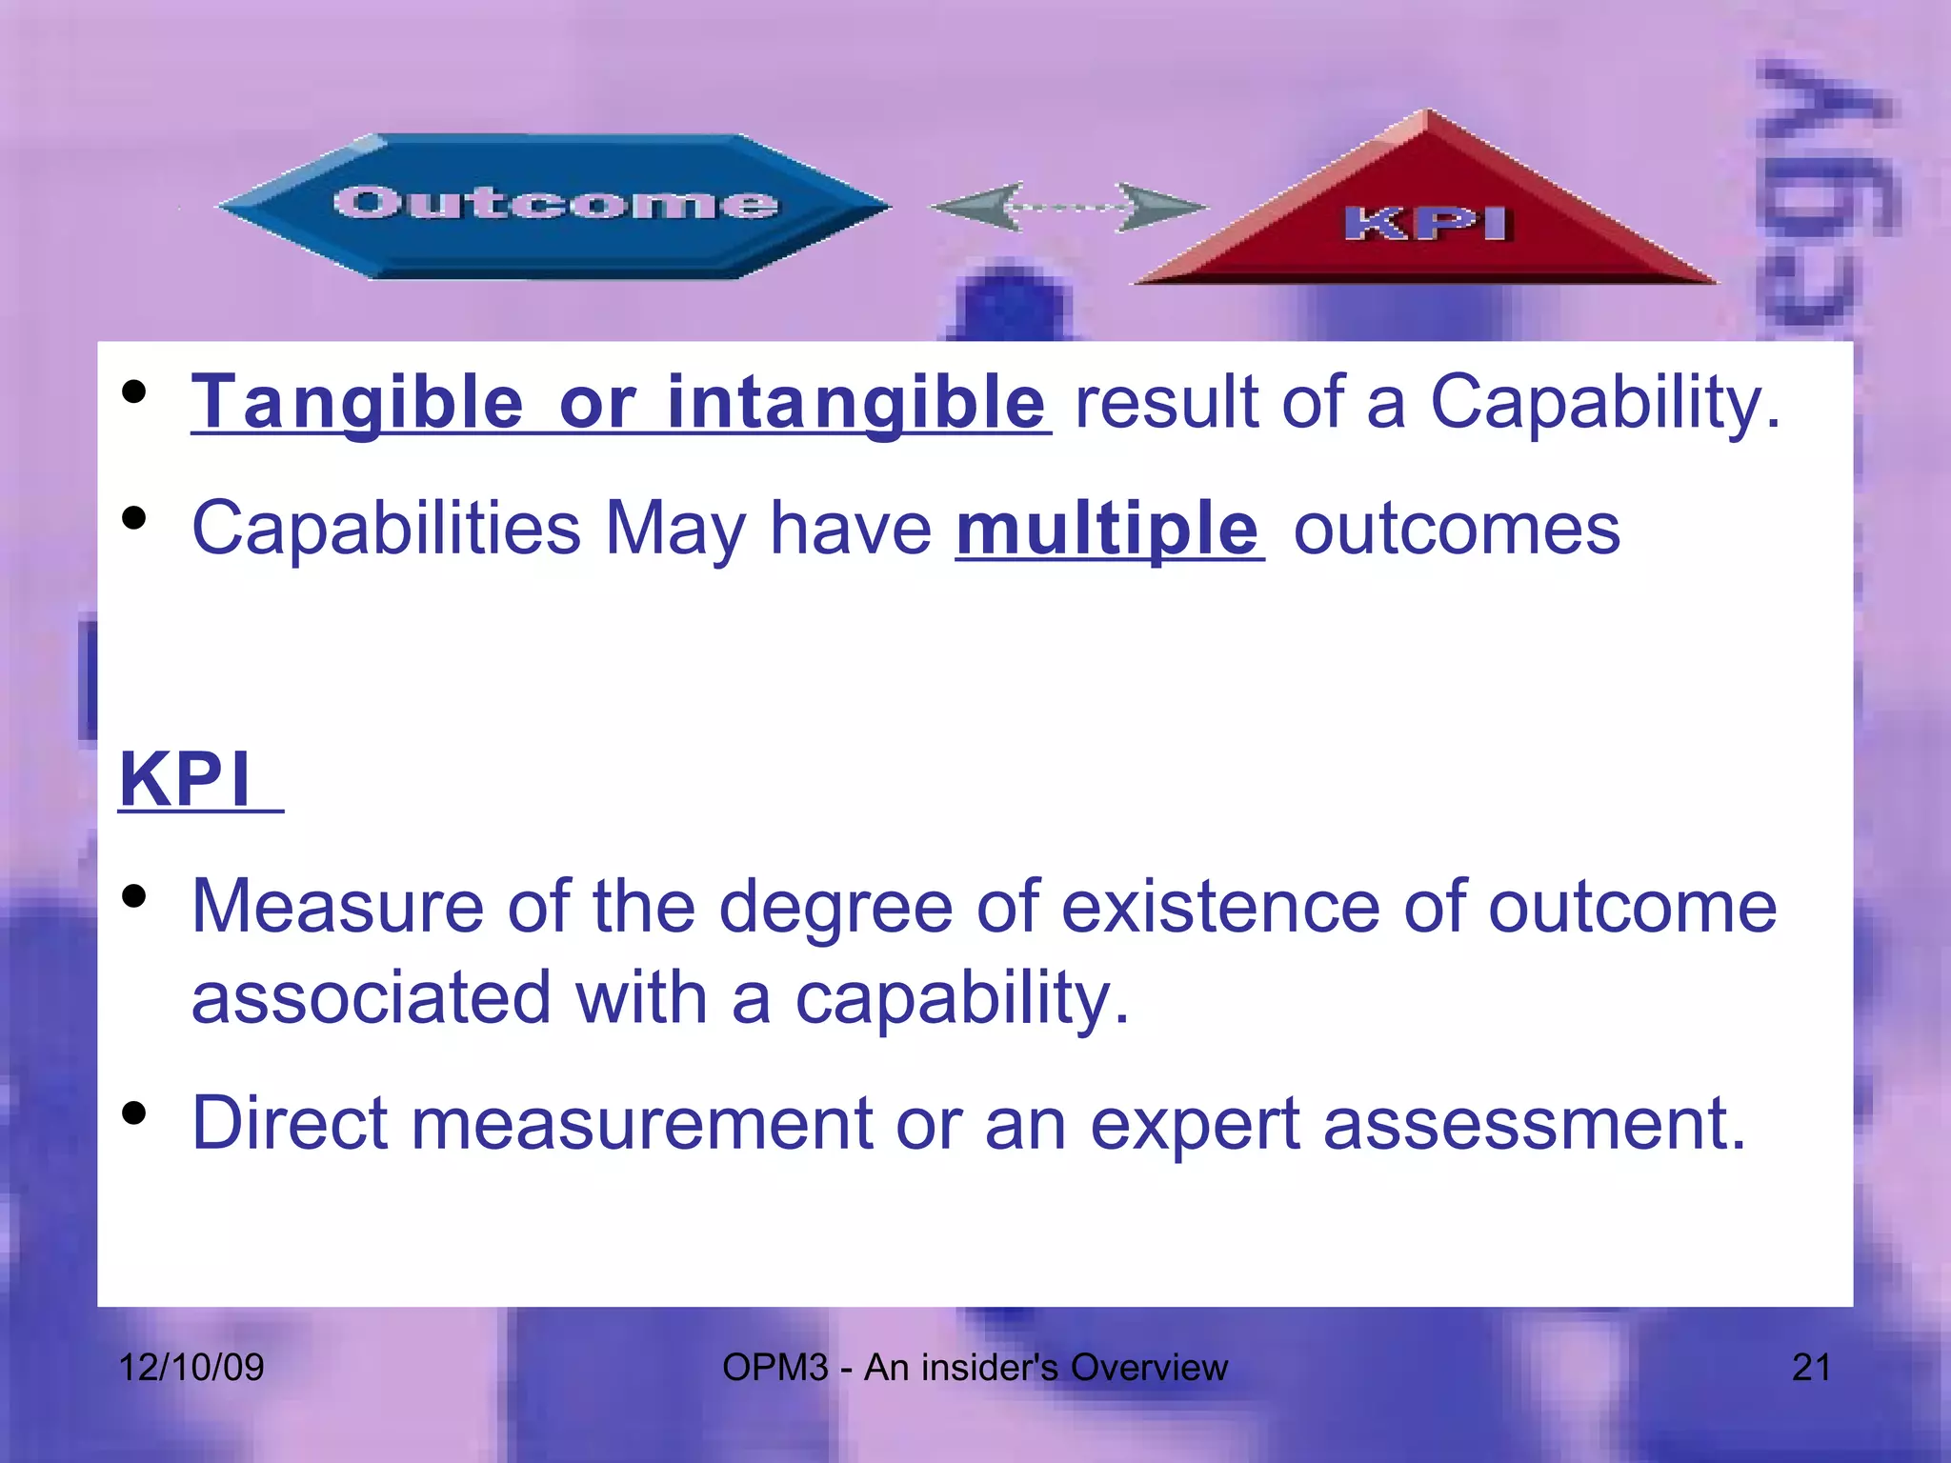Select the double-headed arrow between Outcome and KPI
click(1067, 207)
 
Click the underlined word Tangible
click(357, 403)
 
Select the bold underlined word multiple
click(1108, 530)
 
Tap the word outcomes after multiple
click(1456, 530)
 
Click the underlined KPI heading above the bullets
click(187, 780)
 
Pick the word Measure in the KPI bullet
click(337, 906)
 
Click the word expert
click(1195, 1123)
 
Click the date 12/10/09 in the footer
click(191, 1368)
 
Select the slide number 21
click(1810, 1368)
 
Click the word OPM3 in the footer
click(774, 1368)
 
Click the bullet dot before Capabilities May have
click(134, 517)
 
